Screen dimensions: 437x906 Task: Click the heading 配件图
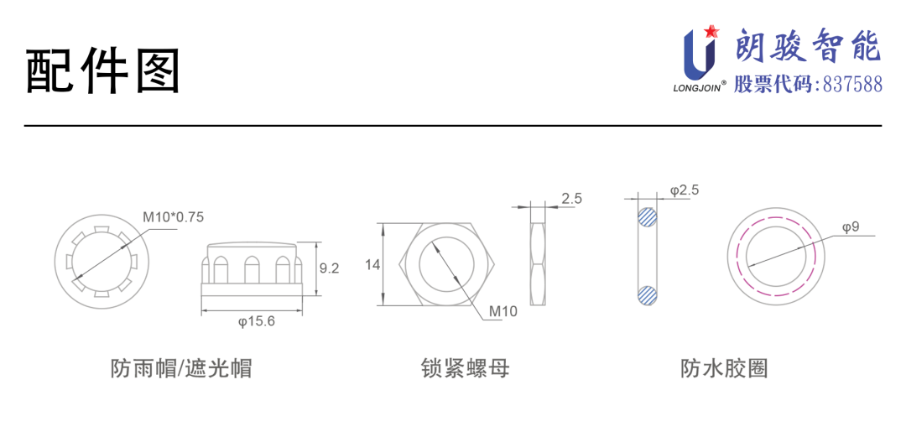pos(103,72)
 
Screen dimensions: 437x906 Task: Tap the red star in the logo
pos(711,32)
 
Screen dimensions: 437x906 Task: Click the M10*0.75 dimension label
pos(173,216)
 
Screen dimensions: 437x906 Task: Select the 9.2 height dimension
pos(329,268)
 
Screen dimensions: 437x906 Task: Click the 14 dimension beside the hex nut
pos(372,265)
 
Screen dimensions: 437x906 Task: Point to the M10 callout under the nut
pos(504,311)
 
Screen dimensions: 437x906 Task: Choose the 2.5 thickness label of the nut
pos(572,198)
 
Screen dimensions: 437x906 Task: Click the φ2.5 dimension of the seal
pos(685,190)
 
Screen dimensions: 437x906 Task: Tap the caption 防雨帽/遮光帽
pos(181,368)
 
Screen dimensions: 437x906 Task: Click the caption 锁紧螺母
pos(465,368)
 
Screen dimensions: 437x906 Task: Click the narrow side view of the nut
pos(537,265)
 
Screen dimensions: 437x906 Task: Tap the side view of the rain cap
pos(252,270)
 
